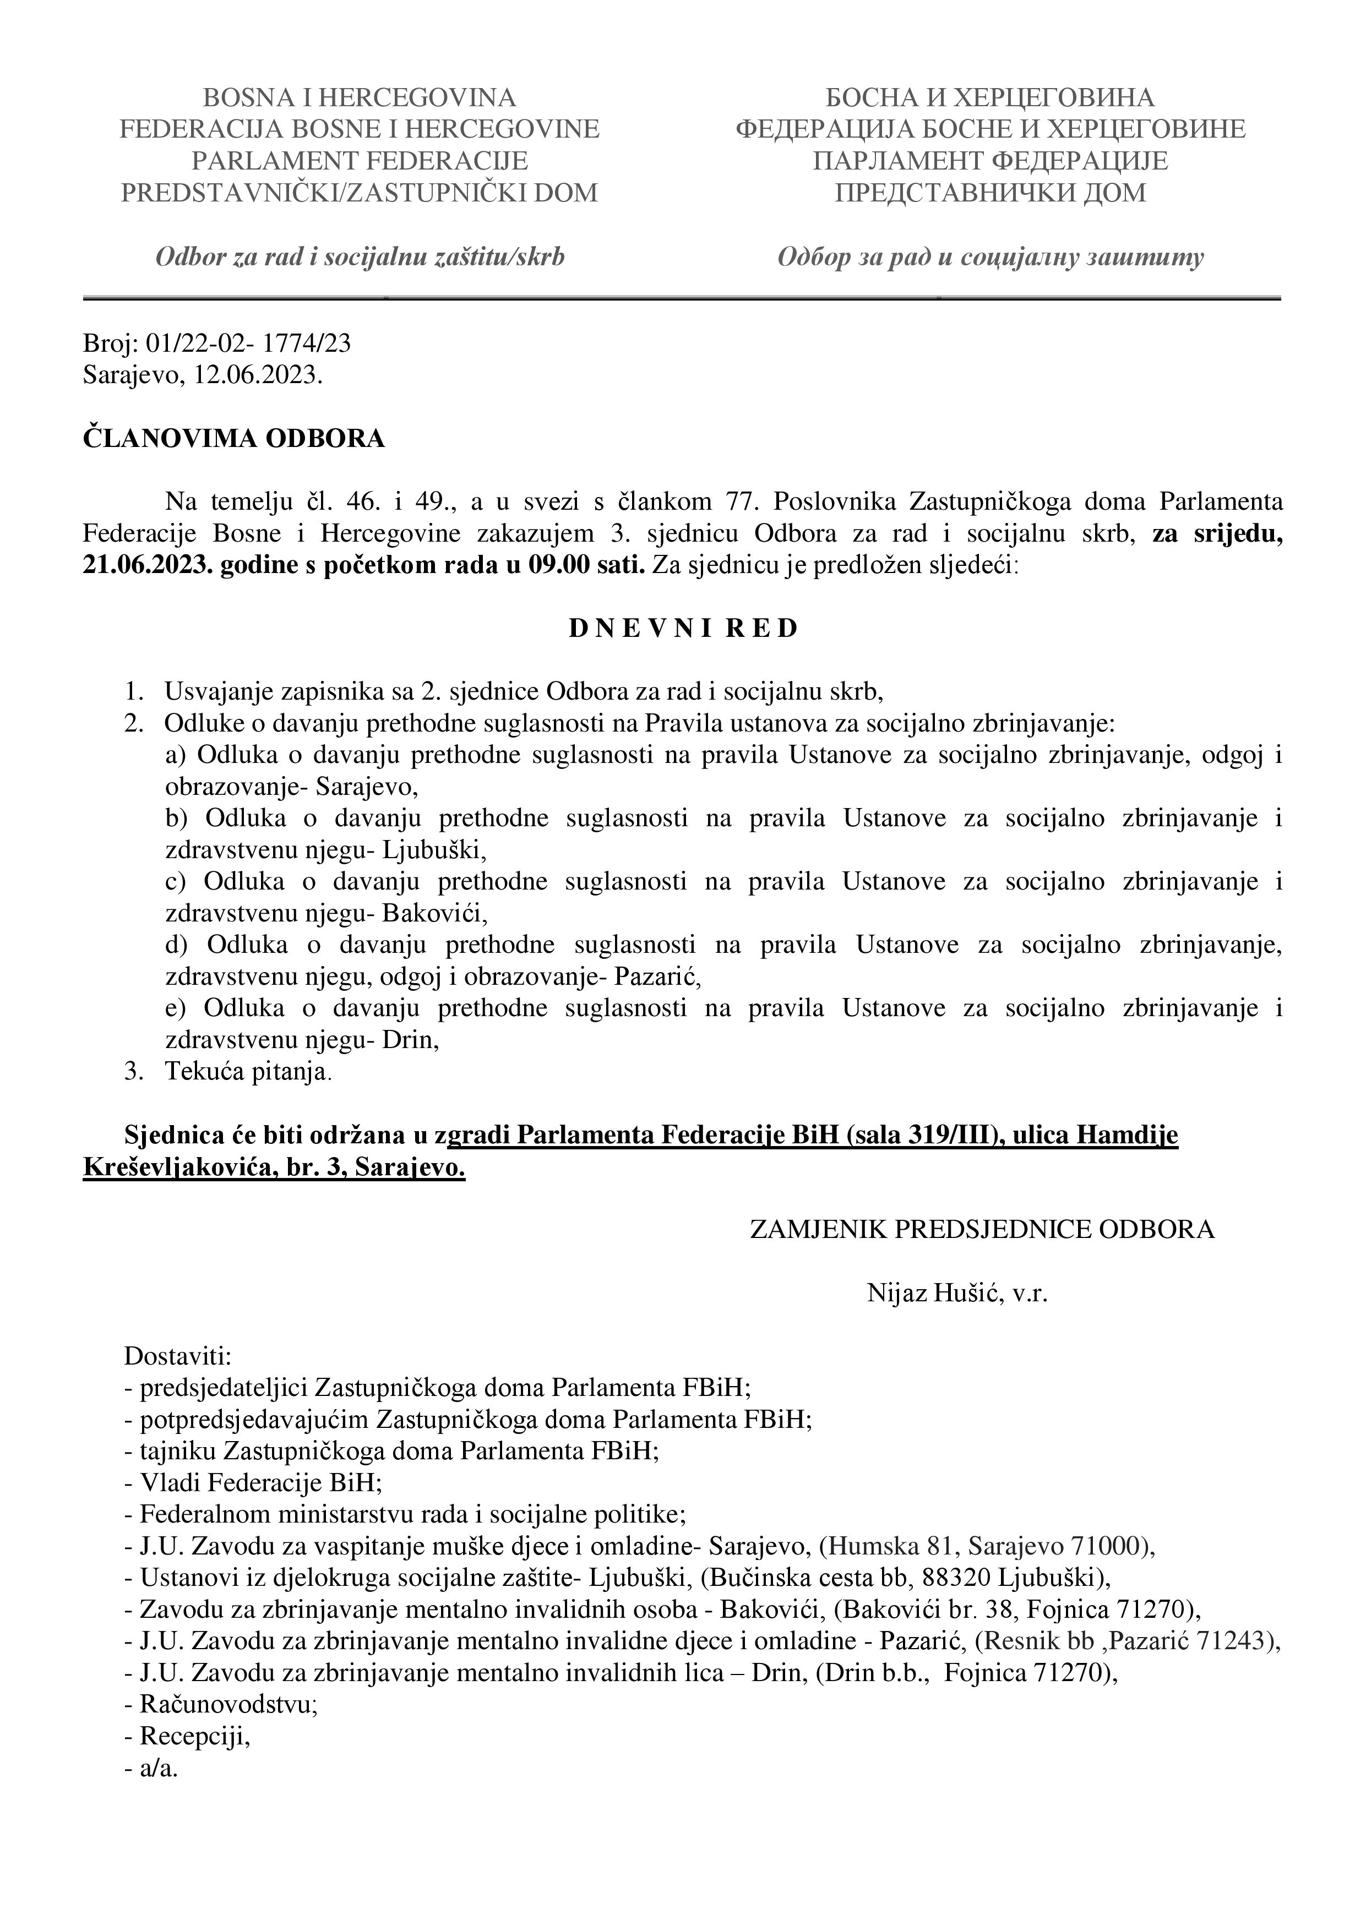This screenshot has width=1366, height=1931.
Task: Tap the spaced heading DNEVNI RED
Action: click(x=682, y=629)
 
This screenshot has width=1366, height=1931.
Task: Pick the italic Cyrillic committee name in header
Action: click(x=990, y=258)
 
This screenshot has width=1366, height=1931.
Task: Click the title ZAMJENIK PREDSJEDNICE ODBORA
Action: click(x=982, y=1230)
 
